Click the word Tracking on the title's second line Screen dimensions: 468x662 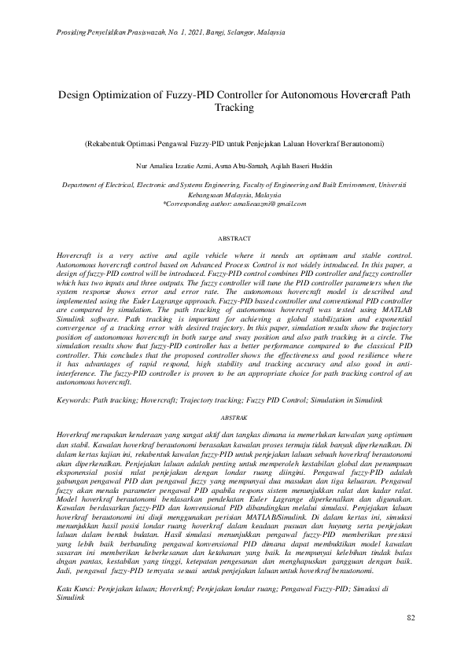click(234, 107)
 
